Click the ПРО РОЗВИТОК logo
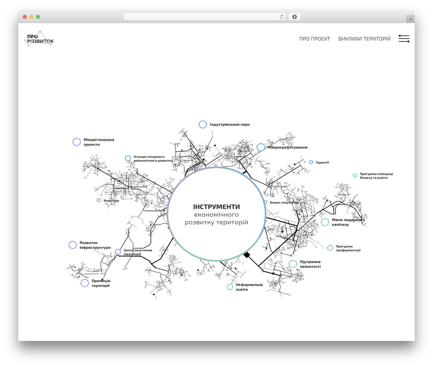click(39, 39)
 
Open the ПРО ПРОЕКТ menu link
click(315, 39)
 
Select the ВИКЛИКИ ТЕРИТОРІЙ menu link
click(364, 39)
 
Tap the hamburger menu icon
click(404, 39)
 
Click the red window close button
click(25, 17)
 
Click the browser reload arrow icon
click(282, 17)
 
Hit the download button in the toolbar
click(294, 17)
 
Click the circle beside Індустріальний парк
click(203, 124)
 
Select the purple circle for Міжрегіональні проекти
click(77, 142)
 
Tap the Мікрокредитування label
click(288, 147)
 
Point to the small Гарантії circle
click(311, 162)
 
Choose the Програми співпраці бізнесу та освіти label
click(377, 176)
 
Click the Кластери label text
click(111, 200)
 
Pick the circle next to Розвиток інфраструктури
click(73, 245)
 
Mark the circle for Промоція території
click(85, 283)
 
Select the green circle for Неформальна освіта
click(230, 287)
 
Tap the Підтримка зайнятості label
click(310, 264)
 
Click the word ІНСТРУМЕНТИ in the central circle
click(216, 207)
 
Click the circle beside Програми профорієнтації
click(330, 248)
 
